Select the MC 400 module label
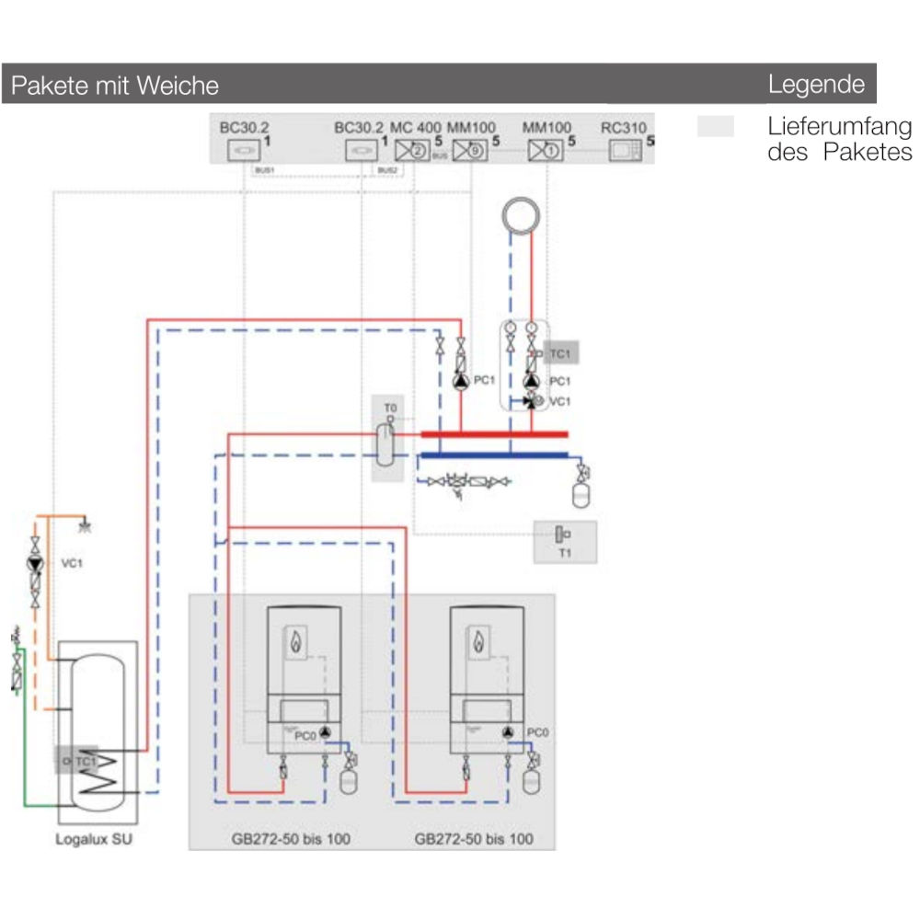click(416, 128)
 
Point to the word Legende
click(816, 85)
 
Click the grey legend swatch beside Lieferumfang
click(716, 127)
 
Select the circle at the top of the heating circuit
click(520, 216)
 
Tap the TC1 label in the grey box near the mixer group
click(560, 353)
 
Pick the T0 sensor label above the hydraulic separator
click(389, 406)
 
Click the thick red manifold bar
click(494, 434)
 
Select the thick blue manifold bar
click(494, 454)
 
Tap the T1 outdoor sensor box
click(565, 541)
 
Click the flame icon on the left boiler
click(295, 641)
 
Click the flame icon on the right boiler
click(477, 641)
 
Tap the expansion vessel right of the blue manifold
click(581, 494)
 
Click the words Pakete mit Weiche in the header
click(114, 86)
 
